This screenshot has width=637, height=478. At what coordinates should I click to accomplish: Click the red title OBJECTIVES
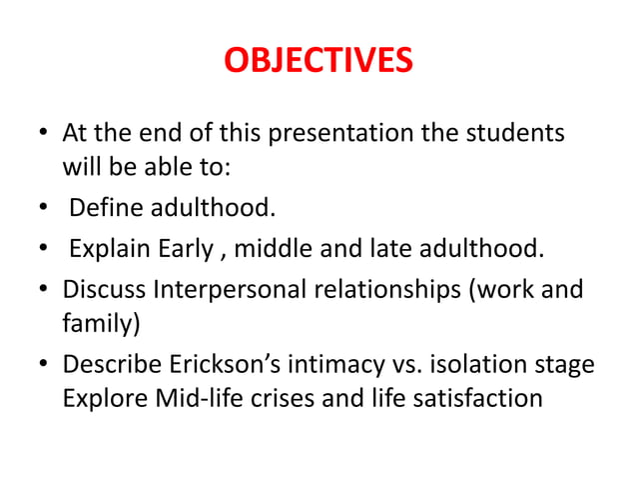click(318, 61)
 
